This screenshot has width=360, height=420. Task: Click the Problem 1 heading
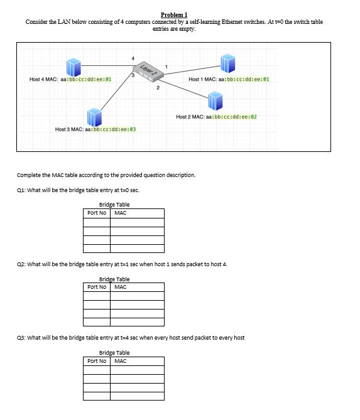[174, 14]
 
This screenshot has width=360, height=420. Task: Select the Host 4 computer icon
[74, 65]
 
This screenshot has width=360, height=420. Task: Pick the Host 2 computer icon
[215, 100]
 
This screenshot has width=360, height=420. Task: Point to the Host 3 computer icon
[95, 116]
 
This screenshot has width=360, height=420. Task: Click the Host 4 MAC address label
[70, 80]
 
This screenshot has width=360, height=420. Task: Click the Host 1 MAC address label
[229, 80]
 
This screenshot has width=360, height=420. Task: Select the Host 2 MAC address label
[217, 117]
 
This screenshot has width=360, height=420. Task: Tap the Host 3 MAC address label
[95, 129]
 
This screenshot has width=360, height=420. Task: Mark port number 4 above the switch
[133, 58]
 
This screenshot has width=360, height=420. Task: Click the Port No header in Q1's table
[97, 213]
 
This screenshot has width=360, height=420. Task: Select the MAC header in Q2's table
[121, 287]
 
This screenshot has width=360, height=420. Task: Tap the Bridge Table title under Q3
[114, 353]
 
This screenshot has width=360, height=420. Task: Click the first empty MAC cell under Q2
[138, 296]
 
